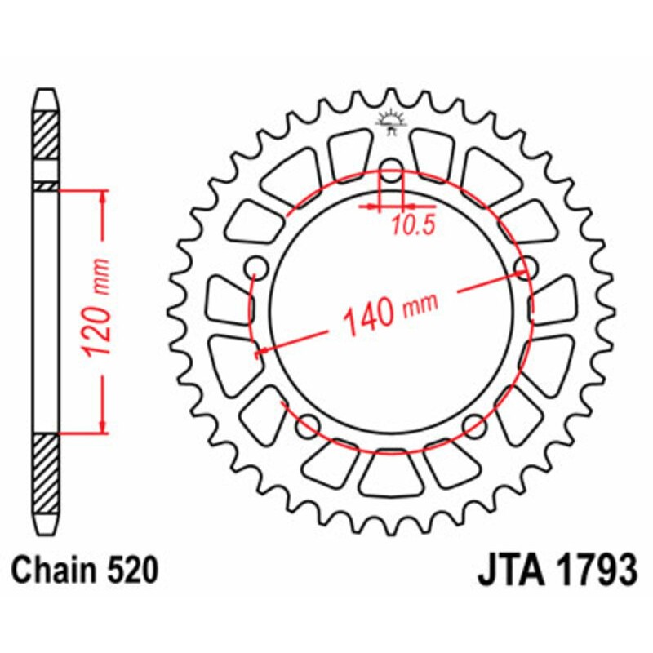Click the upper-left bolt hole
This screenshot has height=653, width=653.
pyautogui.click(x=256, y=267)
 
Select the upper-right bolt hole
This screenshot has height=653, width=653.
pyautogui.click(x=526, y=267)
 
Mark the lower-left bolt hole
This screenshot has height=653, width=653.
pyautogui.click(x=308, y=423)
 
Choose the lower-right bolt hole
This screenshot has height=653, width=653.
pyautogui.click(x=474, y=423)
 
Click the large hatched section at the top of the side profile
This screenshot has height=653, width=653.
pyautogui.click(x=46, y=132)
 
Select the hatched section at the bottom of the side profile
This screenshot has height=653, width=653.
pyautogui.click(x=46, y=473)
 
